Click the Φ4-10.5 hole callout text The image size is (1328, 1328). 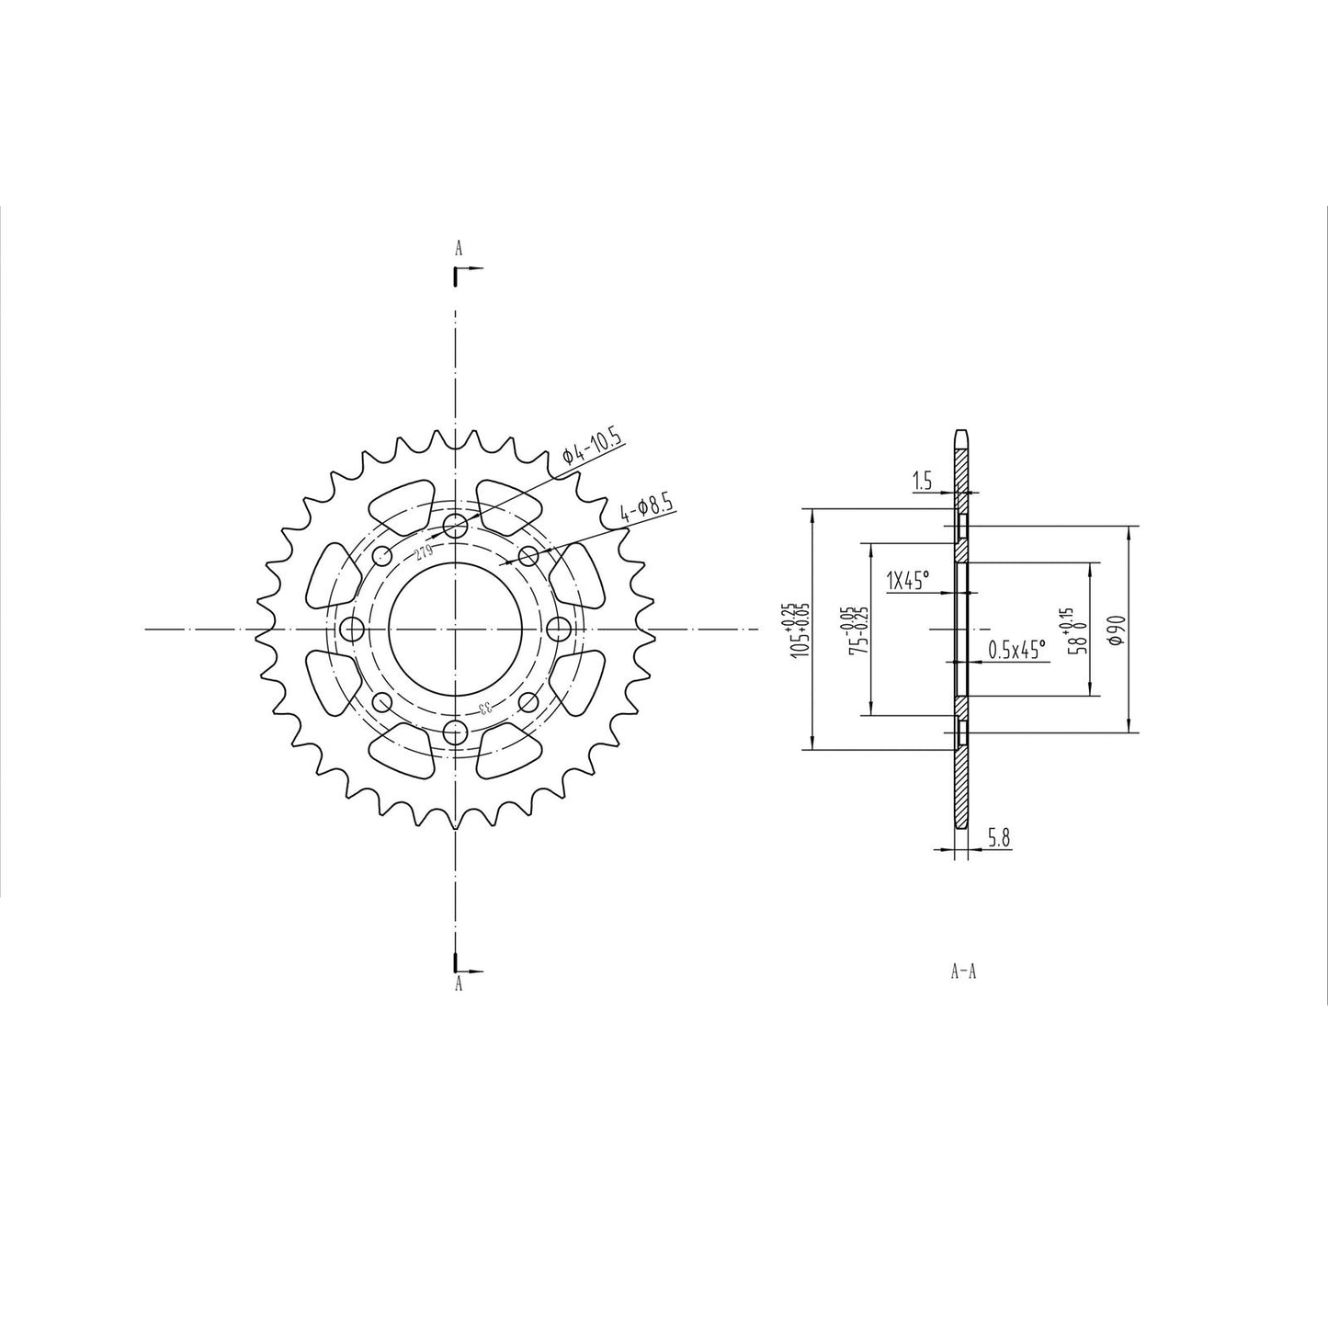click(593, 450)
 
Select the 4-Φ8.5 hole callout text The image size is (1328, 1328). click(647, 508)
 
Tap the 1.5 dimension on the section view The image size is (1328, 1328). click(922, 480)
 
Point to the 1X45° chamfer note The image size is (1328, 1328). click(907, 580)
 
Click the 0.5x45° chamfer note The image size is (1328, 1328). click(1016, 651)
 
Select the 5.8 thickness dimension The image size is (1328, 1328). click(1000, 837)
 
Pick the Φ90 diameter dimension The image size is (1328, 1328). click(1114, 630)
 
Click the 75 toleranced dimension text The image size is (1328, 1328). click(858, 630)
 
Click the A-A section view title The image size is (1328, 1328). click(962, 971)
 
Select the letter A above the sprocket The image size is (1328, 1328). click(458, 248)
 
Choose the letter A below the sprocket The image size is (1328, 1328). click(458, 984)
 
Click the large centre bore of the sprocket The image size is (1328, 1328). click(456, 630)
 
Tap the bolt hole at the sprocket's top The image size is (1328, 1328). click(455, 526)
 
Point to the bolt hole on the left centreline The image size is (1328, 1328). click(351, 630)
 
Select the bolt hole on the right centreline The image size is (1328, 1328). click(559, 630)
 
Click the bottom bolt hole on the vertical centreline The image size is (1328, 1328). click(455, 732)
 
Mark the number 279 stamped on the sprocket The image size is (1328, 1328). click(424, 552)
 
